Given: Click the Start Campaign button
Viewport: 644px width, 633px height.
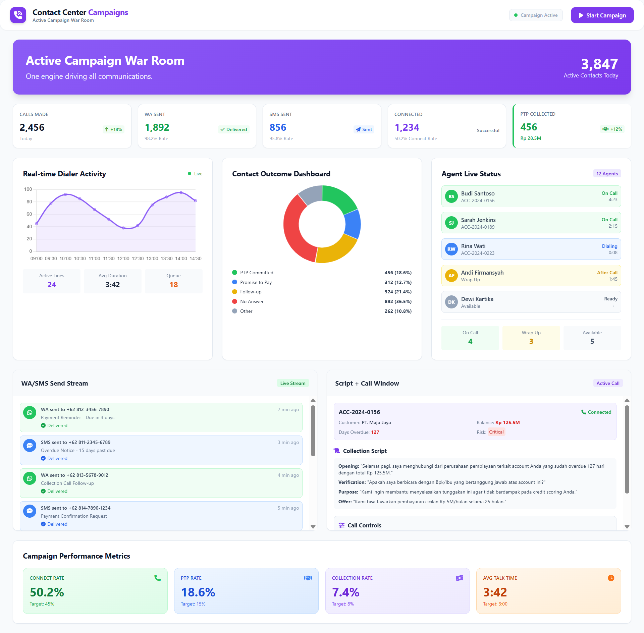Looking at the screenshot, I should pos(602,15).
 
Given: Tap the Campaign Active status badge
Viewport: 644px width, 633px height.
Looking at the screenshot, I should pos(536,15).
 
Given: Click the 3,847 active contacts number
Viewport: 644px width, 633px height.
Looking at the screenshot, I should pos(599,64).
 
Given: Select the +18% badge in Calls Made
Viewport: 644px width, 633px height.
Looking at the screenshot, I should pos(113,129).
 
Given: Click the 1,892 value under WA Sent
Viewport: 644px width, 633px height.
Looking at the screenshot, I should pos(157,127).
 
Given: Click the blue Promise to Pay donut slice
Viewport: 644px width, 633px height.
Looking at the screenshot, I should pos(353,224).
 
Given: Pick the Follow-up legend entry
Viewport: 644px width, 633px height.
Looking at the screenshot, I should pos(251,292).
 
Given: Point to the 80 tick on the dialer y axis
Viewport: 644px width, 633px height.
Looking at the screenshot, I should pos(30,202).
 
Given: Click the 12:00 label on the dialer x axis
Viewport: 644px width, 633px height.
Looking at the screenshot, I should pos(123,258).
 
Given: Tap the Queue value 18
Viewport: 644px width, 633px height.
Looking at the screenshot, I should pos(173,285).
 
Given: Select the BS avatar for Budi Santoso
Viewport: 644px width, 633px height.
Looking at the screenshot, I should pos(451,196).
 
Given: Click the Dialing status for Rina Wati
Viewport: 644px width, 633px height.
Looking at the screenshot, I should pos(609,246).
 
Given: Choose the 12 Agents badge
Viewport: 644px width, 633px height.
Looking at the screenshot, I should pos(607,174).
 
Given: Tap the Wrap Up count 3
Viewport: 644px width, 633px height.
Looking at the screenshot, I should pos(531,341).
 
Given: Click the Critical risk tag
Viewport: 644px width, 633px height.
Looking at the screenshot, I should pos(496,432).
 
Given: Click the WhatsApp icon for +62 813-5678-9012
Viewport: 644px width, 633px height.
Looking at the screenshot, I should pos(30,478).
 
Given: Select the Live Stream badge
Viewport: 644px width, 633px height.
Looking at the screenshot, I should pos(292,383).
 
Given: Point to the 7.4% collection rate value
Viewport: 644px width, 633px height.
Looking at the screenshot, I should pos(345,592).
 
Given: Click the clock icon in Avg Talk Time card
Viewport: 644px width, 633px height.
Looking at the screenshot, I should pos(611,578).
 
